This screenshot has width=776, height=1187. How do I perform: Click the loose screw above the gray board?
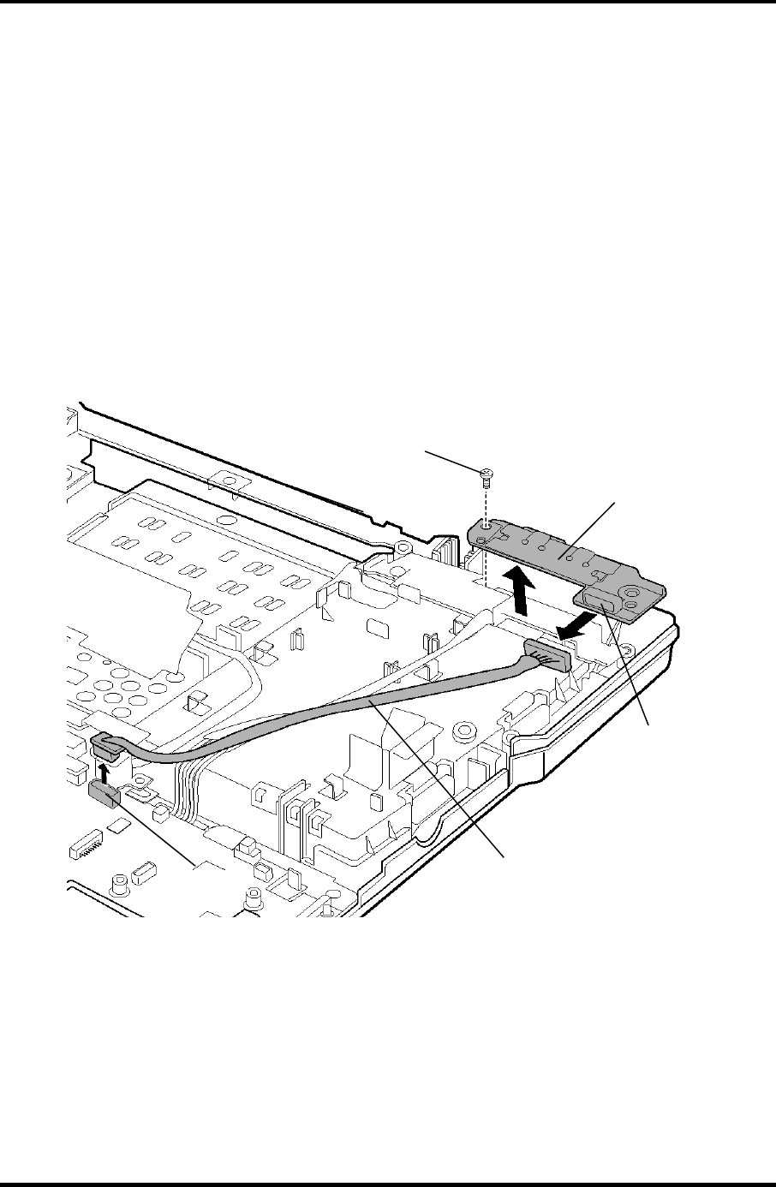(484, 473)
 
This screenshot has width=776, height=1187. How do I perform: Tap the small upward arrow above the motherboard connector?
(104, 772)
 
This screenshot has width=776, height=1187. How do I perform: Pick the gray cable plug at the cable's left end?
(106, 742)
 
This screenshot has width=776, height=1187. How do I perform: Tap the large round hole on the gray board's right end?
(631, 591)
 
